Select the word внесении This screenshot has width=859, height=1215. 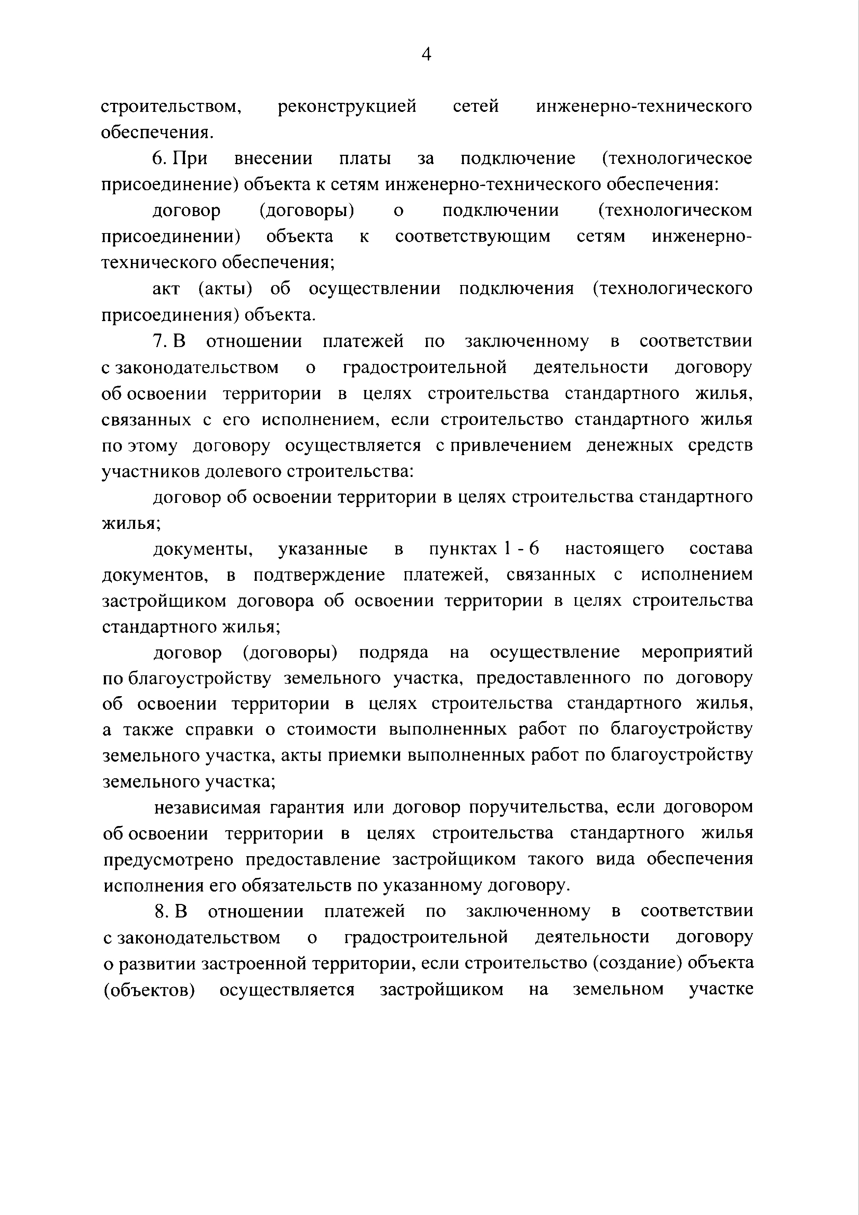tap(273, 158)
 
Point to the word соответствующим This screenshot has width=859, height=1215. tap(473, 236)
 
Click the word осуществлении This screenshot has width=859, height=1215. tap(375, 289)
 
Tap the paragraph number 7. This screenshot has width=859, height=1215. tap(159, 341)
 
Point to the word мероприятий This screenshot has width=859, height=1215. tap(697, 653)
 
